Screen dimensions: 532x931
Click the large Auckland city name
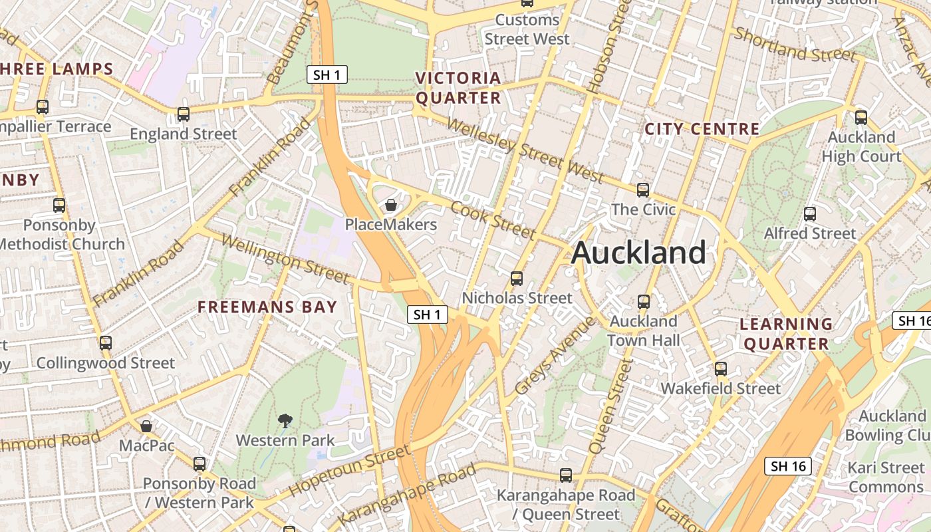(638, 253)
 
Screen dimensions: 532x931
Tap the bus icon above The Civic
(643, 190)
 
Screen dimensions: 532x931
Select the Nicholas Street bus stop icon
(517, 279)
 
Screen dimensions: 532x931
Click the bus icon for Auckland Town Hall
(643, 302)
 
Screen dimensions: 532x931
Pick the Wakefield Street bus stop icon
(721, 369)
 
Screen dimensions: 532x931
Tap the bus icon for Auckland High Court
(861, 118)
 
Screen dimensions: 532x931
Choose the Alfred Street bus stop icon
(810, 214)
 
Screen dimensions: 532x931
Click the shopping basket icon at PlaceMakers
(391, 205)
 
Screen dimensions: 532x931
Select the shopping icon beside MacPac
(146, 426)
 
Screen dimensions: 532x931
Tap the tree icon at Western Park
(285, 420)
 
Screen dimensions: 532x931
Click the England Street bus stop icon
(184, 114)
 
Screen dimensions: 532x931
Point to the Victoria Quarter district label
(458, 88)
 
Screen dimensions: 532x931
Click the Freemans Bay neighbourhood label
(267, 307)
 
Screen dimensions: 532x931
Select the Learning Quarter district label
(786, 334)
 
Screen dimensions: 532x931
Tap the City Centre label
(702, 129)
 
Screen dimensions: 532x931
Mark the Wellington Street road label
(285, 259)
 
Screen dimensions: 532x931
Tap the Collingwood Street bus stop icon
(106, 343)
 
